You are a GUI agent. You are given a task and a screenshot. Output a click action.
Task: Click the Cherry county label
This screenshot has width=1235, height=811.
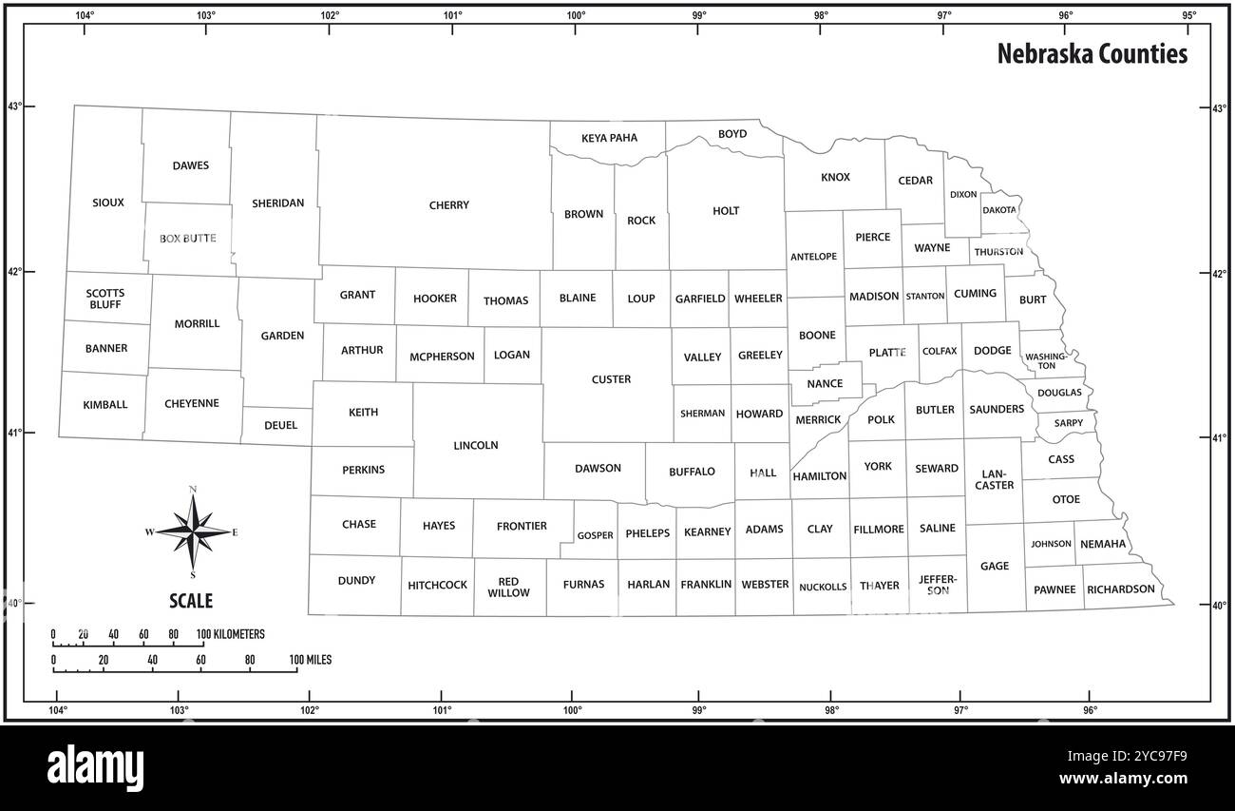pyautogui.click(x=448, y=205)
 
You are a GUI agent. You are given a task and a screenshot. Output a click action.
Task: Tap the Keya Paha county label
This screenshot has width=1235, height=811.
pyautogui.click(x=609, y=138)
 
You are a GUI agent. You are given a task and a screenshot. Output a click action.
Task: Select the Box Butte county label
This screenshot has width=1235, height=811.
pyautogui.click(x=187, y=239)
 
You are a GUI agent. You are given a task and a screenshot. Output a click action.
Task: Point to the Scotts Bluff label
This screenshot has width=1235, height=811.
pyautogui.click(x=104, y=299)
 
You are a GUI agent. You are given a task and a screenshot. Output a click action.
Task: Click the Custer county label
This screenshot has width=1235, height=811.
pyautogui.click(x=611, y=379)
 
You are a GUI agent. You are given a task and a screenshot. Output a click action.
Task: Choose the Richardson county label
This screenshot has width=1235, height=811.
pyautogui.click(x=1121, y=589)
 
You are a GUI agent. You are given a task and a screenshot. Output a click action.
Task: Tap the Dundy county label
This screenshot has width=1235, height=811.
pyautogui.click(x=356, y=581)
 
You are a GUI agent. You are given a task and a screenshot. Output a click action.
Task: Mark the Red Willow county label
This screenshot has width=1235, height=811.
pyautogui.click(x=509, y=588)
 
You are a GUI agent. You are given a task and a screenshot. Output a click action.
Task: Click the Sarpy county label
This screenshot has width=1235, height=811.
pyautogui.click(x=1068, y=423)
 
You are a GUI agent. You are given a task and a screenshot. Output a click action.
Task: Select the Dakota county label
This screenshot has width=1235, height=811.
pyautogui.click(x=998, y=210)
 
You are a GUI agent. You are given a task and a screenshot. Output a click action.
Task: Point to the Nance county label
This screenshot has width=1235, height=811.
pyautogui.click(x=824, y=384)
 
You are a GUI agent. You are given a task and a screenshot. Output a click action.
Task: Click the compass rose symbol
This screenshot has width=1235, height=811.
pyautogui.click(x=193, y=532)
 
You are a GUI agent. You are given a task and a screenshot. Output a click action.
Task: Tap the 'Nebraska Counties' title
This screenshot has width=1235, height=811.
pyautogui.click(x=1092, y=54)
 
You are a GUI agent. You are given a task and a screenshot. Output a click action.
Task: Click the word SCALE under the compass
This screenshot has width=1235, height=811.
pyautogui.click(x=191, y=601)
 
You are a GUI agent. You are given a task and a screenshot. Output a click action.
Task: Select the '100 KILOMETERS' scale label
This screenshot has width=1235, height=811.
pyautogui.click(x=231, y=634)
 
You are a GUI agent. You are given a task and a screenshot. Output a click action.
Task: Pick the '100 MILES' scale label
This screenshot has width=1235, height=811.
pyautogui.click(x=311, y=660)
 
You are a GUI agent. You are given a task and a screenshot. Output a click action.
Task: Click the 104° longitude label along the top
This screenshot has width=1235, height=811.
pyautogui.click(x=85, y=15)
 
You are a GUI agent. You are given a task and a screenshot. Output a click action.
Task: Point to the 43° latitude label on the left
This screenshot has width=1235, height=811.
pyautogui.click(x=15, y=106)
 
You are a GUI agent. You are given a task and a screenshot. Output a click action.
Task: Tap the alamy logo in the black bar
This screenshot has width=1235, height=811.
pyautogui.click(x=95, y=767)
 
